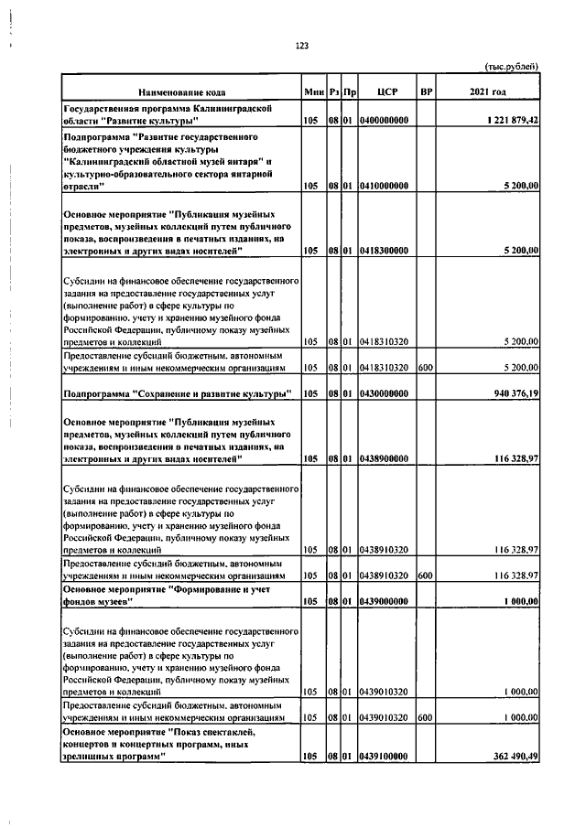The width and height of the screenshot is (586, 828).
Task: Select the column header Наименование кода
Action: pyautogui.click(x=181, y=93)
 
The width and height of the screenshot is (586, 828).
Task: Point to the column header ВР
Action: pyautogui.click(x=425, y=93)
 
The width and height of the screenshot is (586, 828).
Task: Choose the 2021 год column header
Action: pyautogui.click(x=487, y=93)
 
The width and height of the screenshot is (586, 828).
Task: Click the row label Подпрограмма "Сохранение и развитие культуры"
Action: pyautogui.click(x=177, y=393)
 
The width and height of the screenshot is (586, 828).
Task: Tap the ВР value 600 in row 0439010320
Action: pyautogui.click(x=424, y=718)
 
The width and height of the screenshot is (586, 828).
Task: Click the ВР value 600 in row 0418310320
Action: pyautogui.click(x=424, y=367)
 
